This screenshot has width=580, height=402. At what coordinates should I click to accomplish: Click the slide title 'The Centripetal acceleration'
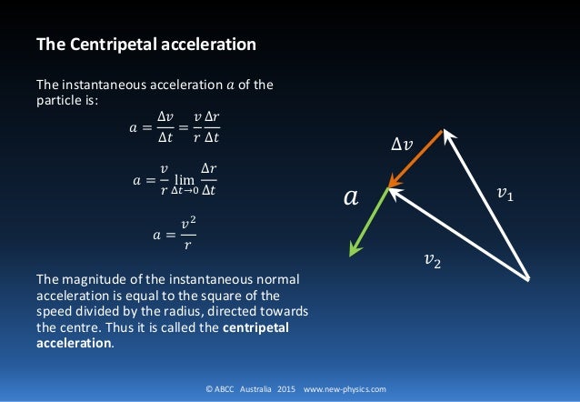pos(145,44)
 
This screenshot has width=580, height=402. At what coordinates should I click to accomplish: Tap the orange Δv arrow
pos(415,160)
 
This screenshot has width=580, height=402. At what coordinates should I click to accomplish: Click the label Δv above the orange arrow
pos(400,144)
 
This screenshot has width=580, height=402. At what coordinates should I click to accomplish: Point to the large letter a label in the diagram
pos(349,196)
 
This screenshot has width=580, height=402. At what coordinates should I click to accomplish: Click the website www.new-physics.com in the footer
pos(345,388)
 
